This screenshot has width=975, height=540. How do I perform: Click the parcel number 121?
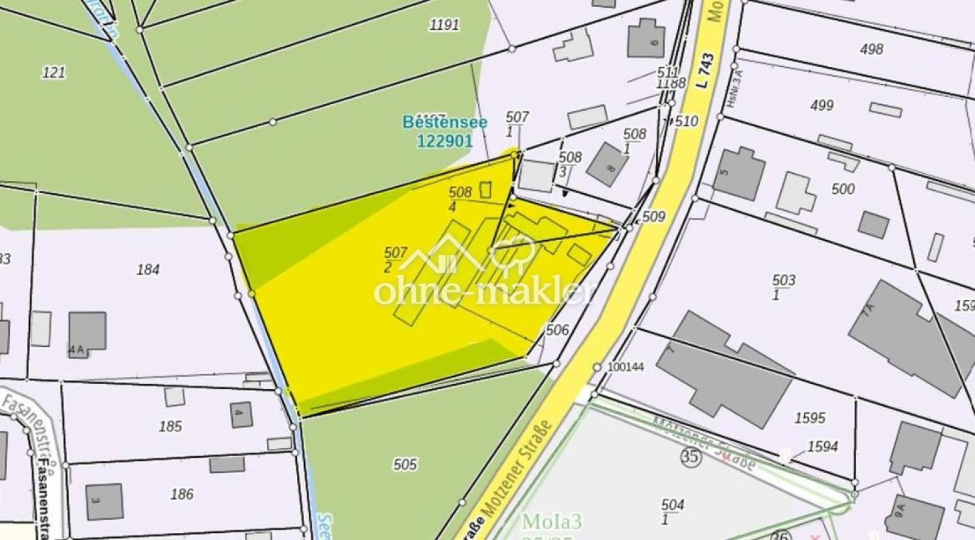pos(53,72)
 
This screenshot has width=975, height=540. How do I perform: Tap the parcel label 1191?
pos(444,25)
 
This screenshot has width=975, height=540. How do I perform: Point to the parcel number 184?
pos(148,269)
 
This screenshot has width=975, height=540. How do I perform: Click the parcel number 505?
pos(404,464)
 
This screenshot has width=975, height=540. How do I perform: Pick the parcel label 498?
pos(871,49)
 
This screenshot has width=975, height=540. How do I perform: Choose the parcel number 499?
pos(822,105)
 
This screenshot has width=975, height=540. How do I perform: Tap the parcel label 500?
pos(843,189)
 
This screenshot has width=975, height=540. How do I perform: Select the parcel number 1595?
pos(809,418)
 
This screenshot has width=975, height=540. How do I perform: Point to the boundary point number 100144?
pos(625,367)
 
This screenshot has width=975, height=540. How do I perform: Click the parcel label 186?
pos(181,494)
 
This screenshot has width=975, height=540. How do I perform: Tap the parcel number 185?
pos(170,426)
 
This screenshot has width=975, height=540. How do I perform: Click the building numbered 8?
pos(607,165)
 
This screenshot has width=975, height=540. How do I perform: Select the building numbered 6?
pos(646,38)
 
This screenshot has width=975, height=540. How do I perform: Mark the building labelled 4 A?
pos(87,332)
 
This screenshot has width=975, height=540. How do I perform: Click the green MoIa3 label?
pos(551,521)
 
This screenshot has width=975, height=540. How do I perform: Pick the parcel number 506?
pos(557,330)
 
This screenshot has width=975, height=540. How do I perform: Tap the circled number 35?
pos(691,456)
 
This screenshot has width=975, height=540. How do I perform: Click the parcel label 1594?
pos(822,446)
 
